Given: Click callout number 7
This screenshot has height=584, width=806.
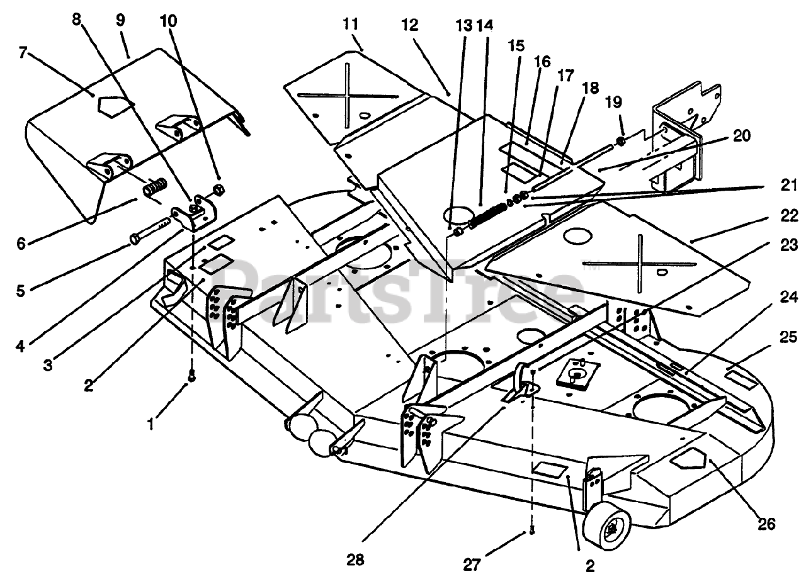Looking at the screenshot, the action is click(x=23, y=53).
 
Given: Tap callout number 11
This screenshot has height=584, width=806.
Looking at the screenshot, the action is click(x=351, y=25).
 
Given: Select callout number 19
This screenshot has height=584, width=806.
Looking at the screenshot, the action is click(x=613, y=102).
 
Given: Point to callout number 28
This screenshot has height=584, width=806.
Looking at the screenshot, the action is click(x=355, y=560).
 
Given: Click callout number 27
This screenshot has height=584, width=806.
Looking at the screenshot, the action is click(x=472, y=565).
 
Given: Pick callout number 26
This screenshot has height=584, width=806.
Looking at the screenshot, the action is click(x=766, y=524).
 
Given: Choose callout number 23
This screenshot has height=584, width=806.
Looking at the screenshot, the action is click(x=789, y=245).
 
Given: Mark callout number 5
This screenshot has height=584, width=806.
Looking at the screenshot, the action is click(x=21, y=291).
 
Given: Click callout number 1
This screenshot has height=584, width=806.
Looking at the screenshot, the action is click(x=150, y=424).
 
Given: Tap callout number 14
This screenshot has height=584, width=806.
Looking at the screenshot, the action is click(x=485, y=25).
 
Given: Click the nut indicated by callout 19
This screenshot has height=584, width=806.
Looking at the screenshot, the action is click(x=621, y=142).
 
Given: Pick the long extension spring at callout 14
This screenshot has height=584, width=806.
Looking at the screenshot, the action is click(x=487, y=215).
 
